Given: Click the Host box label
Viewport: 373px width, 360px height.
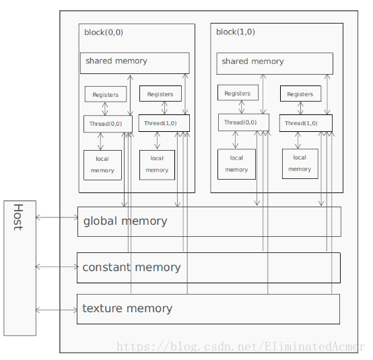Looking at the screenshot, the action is point(18,217).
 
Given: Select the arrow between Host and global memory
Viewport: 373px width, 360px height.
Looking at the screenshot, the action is point(57,217).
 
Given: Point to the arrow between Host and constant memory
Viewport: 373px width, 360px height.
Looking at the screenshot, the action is point(57,266).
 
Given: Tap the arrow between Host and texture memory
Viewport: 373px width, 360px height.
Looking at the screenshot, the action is point(57,310).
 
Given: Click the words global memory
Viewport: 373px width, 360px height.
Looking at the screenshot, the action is point(125,221).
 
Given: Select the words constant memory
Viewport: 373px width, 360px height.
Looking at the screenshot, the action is point(131,267).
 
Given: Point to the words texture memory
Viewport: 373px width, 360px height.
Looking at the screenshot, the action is point(127,309).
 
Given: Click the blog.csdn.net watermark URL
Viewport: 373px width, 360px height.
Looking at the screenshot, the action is point(240,347).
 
